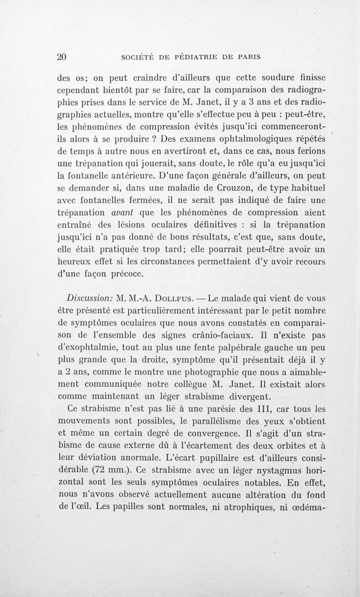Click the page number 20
click(x=62, y=57)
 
